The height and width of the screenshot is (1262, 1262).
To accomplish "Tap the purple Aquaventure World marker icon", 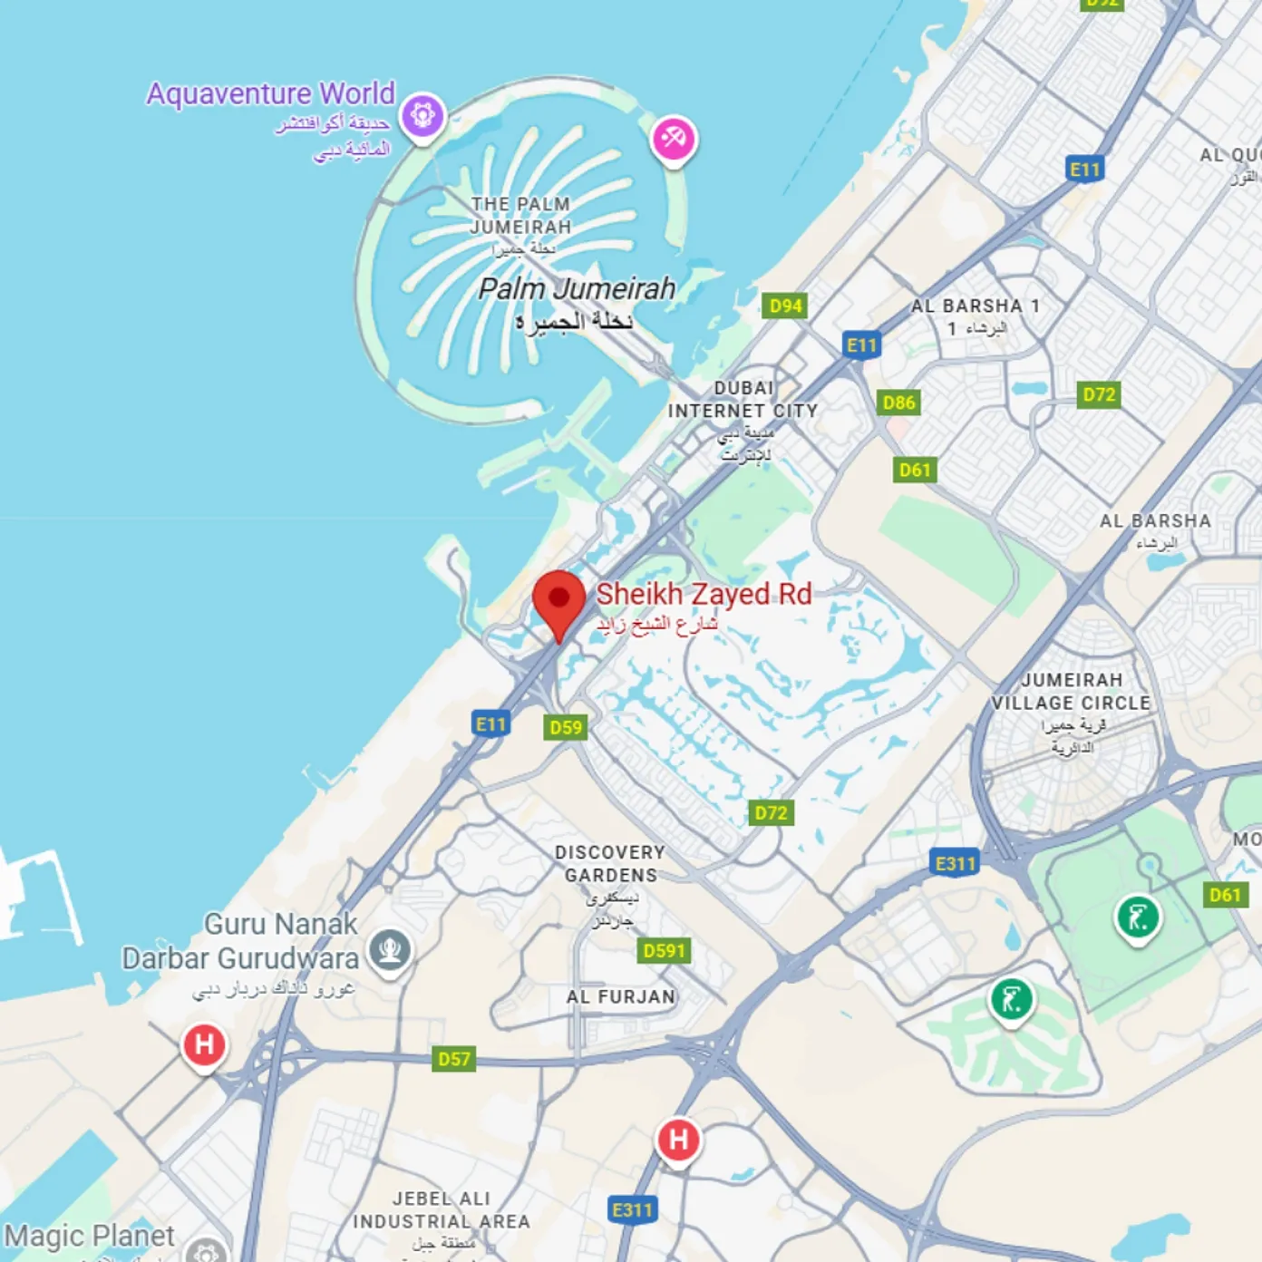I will (422, 115).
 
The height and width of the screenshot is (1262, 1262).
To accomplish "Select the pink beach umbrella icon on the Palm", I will (674, 139).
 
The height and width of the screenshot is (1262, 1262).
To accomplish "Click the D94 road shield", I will (785, 306).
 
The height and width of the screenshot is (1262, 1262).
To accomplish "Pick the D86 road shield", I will (898, 403).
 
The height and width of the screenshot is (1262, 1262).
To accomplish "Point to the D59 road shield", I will (566, 727).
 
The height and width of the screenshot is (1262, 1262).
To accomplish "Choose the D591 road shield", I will (664, 950).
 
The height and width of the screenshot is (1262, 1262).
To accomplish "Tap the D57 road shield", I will (453, 1058).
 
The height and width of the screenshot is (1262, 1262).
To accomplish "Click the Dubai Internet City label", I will (743, 400).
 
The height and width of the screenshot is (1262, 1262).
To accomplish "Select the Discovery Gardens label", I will (610, 864).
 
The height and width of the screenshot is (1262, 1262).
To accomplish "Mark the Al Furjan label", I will (621, 997).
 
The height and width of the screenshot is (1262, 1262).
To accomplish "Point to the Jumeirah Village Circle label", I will (1071, 692).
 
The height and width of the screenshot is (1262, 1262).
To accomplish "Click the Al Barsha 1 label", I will (976, 306).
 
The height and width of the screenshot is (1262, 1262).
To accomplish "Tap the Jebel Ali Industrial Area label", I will (442, 1210).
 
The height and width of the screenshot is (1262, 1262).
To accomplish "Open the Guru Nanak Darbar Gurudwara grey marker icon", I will (391, 949).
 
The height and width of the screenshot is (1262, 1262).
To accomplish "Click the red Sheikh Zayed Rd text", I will (704, 595).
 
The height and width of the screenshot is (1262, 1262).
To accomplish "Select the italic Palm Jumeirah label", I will (577, 289).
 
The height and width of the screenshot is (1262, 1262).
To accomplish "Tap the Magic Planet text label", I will (89, 1236).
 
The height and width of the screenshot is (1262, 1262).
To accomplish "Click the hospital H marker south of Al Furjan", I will (678, 1140).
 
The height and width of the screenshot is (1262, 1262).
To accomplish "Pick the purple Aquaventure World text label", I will (270, 93).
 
